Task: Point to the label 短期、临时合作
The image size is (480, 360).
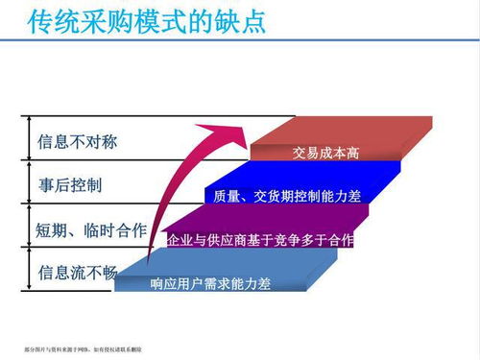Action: click(x=91, y=229)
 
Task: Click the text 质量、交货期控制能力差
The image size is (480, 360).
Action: click(x=287, y=197)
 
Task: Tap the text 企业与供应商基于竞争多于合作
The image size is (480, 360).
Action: click(x=260, y=239)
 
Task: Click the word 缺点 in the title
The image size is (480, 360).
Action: click(x=240, y=22)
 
